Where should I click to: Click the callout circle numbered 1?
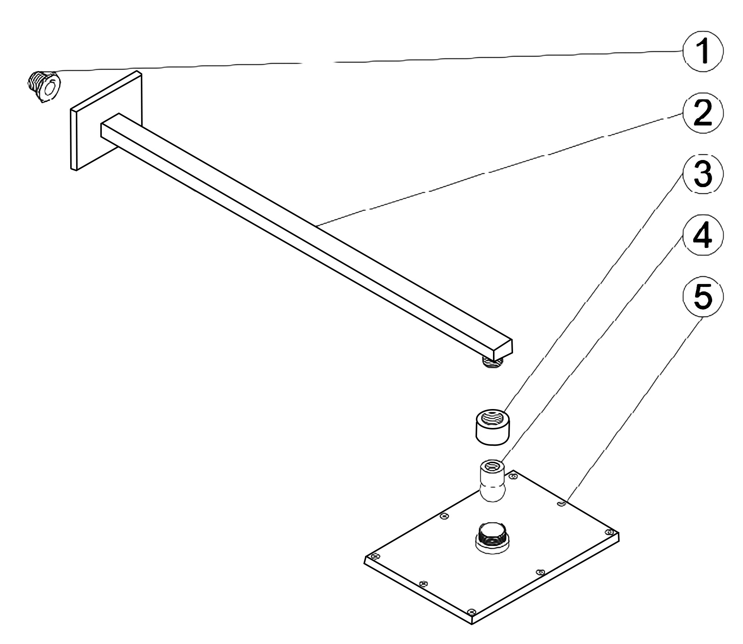tap(703, 52)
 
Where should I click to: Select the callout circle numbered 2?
tap(703, 113)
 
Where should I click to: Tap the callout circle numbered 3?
tap(703, 173)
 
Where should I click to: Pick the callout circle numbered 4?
tap(703, 235)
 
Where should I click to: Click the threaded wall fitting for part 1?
tap(44, 86)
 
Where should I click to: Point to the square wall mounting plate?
tap(106, 121)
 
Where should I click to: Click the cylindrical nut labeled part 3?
tap(493, 427)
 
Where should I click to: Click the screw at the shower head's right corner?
tap(609, 532)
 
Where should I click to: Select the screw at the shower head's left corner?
tap(375, 556)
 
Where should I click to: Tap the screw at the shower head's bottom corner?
tap(472, 611)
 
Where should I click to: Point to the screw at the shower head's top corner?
tap(513, 476)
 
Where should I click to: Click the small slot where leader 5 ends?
tap(562, 503)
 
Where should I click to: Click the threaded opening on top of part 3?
tap(493, 417)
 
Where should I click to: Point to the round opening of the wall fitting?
tap(50, 89)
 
